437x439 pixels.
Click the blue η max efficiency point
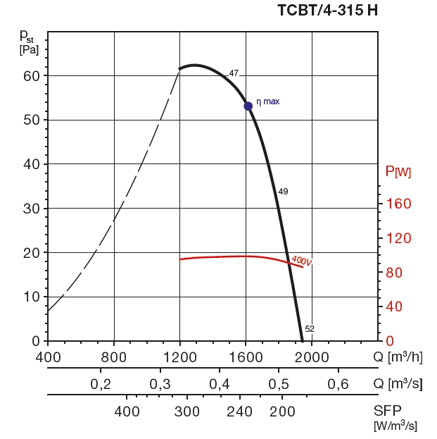pyautogui.click(x=248, y=106)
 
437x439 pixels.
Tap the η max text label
pyautogui.click(x=268, y=101)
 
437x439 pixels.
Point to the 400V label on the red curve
pyautogui.click(x=301, y=261)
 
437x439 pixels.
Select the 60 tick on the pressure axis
pyautogui.click(x=31, y=75)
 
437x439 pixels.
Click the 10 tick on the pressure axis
pyautogui.click(x=31, y=297)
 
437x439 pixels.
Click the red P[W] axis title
pyautogui.click(x=398, y=171)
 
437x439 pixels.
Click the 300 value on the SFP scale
pyautogui.click(x=187, y=412)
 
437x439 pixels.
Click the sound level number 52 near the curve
pyautogui.click(x=310, y=328)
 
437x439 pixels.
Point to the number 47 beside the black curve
pyautogui.click(x=234, y=73)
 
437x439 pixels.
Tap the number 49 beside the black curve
pyautogui.click(x=283, y=192)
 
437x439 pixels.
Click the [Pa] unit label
pyautogui.click(x=29, y=49)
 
